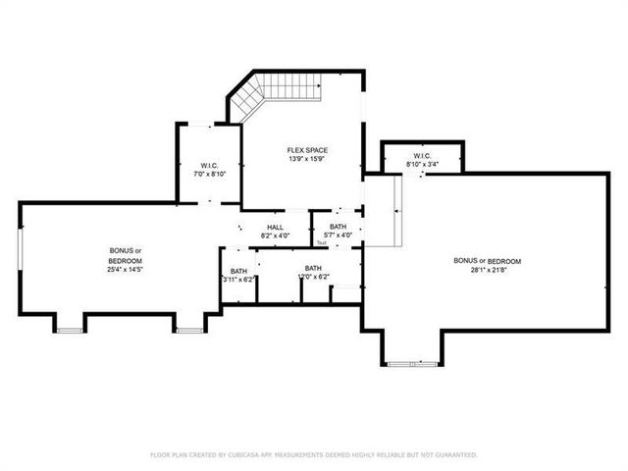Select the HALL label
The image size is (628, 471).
pos(276,228)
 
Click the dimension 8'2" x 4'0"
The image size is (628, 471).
pos(276,235)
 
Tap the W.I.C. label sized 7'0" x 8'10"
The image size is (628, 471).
pos(208,165)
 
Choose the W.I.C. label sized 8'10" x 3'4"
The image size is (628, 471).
pos(421,156)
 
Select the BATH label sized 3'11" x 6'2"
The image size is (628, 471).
pos(238,272)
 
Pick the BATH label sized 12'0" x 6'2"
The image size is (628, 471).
pos(313,268)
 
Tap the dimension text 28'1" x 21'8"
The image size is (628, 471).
pos(487,269)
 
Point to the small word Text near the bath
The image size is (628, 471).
pos(321,242)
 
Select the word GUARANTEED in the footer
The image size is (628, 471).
pos(456,455)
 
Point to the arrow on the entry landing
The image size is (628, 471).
pos(395,209)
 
